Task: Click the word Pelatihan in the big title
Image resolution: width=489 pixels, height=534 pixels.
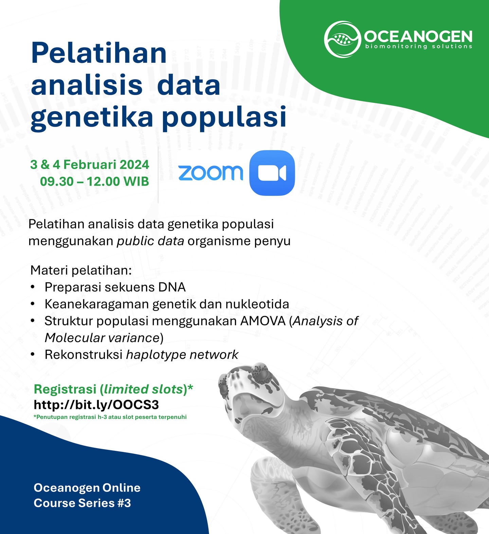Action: pyautogui.click(x=99, y=53)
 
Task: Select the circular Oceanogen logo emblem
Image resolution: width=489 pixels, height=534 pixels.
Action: pyautogui.click(x=342, y=38)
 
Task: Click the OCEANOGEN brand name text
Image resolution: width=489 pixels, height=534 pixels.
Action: pyautogui.click(x=418, y=36)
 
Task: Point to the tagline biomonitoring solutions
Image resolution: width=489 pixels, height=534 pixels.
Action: pyautogui.click(x=418, y=47)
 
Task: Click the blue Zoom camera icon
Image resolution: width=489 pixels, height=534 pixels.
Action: pyautogui.click(x=272, y=173)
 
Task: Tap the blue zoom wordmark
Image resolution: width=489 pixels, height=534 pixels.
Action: pyautogui.click(x=211, y=172)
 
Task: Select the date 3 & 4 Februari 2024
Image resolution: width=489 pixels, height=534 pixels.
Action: pyautogui.click(x=90, y=165)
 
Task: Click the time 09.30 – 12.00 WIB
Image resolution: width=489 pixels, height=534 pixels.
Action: pyautogui.click(x=94, y=181)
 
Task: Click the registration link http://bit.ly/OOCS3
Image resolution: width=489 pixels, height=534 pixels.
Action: pyautogui.click(x=96, y=404)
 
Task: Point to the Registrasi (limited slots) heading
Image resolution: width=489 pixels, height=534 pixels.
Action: pyautogui.click(x=113, y=389)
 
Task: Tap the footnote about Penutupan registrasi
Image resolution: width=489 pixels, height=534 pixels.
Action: pyautogui.click(x=110, y=417)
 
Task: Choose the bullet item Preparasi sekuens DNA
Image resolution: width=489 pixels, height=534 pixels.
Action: pyautogui.click(x=115, y=287)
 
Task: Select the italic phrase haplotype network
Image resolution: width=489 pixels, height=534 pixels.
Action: pyautogui.click(x=182, y=354)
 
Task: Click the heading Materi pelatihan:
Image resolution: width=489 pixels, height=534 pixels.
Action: pyautogui.click(x=81, y=270)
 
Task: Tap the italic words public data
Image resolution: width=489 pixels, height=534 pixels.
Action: pyautogui.click(x=150, y=241)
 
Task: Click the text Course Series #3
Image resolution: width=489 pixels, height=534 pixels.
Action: pyautogui.click(x=82, y=503)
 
